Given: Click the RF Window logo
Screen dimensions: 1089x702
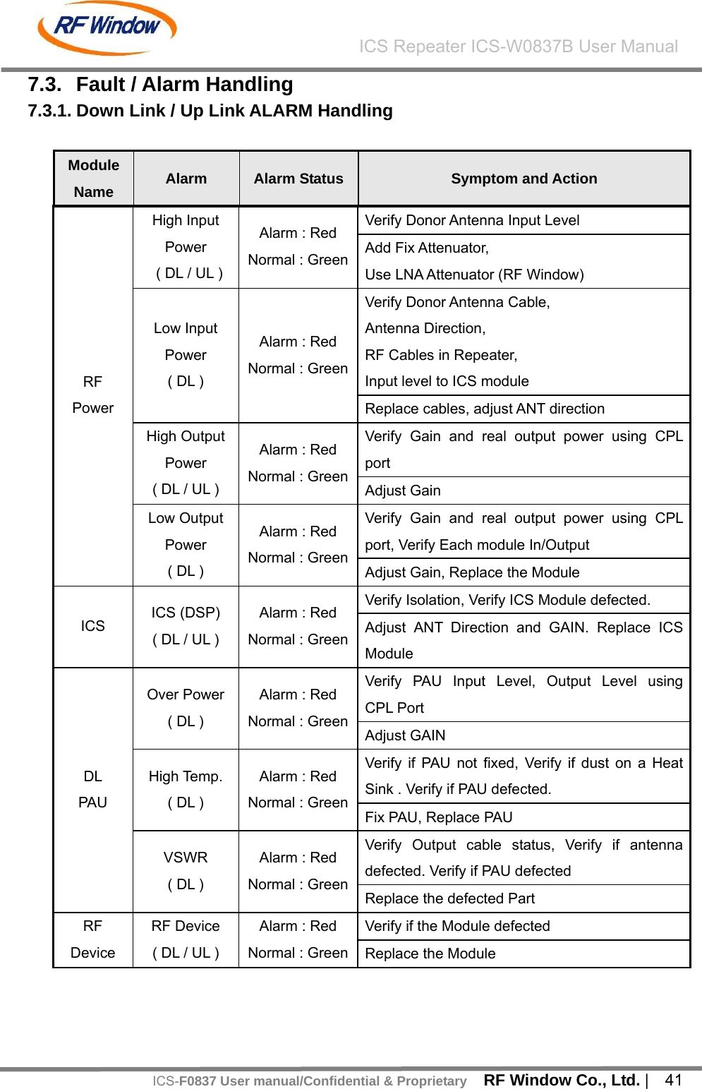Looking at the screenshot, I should [x=107, y=28].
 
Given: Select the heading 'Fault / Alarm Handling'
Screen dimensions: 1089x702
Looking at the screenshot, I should [x=184, y=85].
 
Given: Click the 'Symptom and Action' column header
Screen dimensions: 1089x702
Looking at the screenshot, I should [x=524, y=179].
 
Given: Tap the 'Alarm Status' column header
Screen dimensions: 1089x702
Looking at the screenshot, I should [x=298, y=179].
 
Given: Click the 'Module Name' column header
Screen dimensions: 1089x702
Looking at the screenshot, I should [x=94, y=179].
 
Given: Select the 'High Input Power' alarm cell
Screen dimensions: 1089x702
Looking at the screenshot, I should [x=186, y=247].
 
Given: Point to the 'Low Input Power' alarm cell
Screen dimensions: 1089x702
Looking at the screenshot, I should [x=186, y=355].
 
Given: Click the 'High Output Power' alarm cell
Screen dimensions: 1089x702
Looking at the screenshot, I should [x=186, y=463].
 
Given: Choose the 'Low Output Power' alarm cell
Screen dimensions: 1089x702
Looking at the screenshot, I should [x=186, y=545].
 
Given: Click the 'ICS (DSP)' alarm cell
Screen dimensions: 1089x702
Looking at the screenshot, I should [x=186, y=626].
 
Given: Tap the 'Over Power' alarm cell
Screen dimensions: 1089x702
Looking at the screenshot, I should [x=186, y=708].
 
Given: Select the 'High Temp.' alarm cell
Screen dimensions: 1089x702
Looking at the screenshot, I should [x=186, y=789].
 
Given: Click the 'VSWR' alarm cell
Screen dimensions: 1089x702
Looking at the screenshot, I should [x=186, y=871].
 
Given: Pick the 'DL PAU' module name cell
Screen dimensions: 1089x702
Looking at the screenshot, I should [x=93, y=789].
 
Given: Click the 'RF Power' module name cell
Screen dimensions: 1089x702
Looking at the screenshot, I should [x=93, y=395].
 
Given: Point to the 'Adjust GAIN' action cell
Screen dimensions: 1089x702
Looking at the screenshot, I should [x=406, y=735].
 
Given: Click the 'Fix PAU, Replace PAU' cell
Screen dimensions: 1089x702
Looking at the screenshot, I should [x=439, y=817].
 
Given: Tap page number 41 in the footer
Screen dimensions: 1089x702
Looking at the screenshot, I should [x=674, y=1080].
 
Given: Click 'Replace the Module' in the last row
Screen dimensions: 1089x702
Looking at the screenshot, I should [x=430, y=953].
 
